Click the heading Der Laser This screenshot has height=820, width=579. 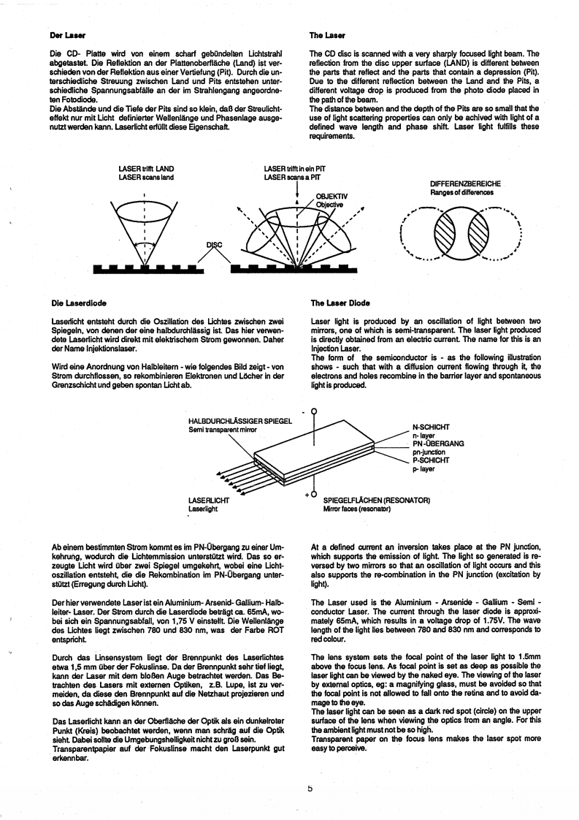[65, 34]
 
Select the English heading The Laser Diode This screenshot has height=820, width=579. [340, 302]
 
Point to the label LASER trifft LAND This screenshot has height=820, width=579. [146, 170]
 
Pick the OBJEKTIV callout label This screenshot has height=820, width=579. [331, 196]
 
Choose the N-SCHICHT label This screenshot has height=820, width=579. [431, 426]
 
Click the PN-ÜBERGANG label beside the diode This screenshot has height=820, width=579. [438, 444]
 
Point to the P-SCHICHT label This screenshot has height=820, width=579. [431, 460]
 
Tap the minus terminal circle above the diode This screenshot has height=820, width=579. [313, 411]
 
